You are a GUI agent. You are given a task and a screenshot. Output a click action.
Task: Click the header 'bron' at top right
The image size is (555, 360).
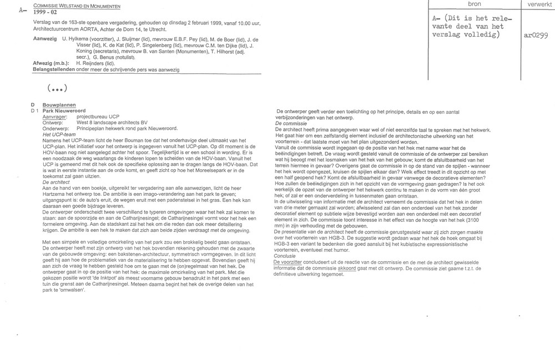click(474, 4)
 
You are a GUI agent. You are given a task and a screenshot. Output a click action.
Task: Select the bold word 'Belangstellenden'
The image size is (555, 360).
click(49, 70)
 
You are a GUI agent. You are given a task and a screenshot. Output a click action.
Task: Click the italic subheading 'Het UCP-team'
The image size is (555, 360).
click(59, 134)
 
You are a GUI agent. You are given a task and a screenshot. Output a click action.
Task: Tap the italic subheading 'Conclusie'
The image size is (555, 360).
click(287, 256)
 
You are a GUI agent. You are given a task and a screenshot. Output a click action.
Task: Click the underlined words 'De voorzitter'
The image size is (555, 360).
click(291, 262)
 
